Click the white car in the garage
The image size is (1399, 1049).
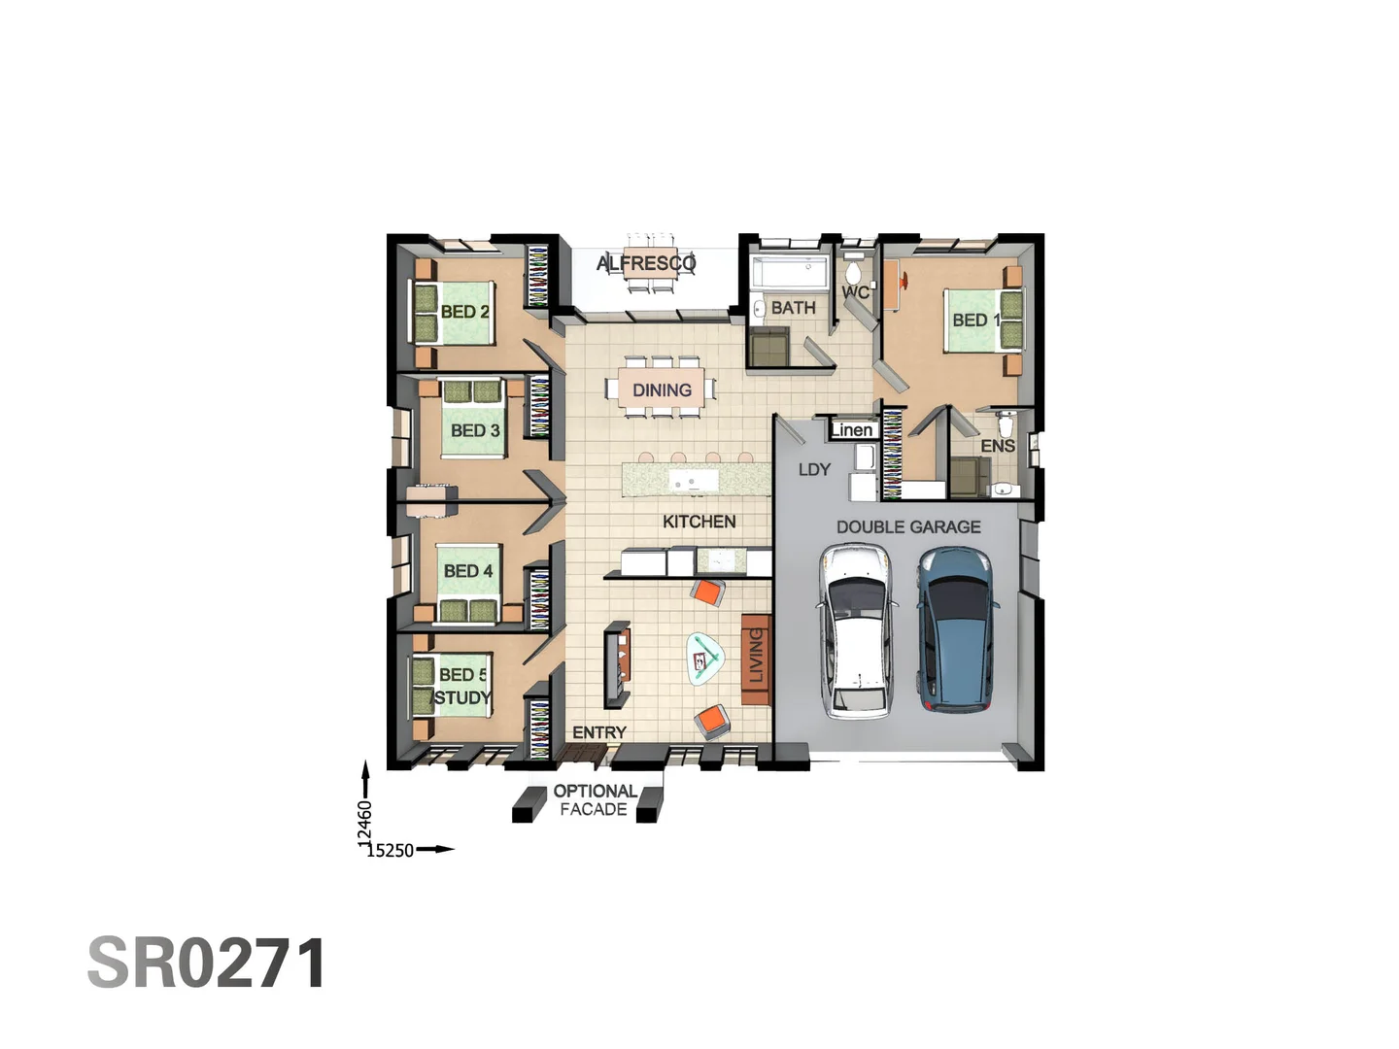[x=854, y=630]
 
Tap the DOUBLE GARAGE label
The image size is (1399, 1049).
[x=908, y=527]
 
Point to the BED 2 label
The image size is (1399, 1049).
[x=464, y=312]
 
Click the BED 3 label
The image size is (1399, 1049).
[x=475, y=430]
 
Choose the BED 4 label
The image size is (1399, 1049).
[x=468, y=571]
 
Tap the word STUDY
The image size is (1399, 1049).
[x=462, y=697]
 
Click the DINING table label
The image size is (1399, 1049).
[x=662, y=390]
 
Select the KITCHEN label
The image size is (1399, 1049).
[x=699, y=522]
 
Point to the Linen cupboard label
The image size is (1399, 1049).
[x=852, y=430]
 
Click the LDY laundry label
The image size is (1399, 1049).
[x=814, y=470]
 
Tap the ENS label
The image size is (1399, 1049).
[x=997, y=446]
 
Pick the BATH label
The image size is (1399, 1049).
[x=793, y=308]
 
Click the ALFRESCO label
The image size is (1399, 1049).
[x=646, y=263]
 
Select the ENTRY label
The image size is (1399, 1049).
[x=599, y=732]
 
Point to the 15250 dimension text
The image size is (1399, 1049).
[x=390, y=851]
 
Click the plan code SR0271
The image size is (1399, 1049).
[x=207, y=964]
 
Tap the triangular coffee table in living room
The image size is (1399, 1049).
[x=706, y=659]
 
